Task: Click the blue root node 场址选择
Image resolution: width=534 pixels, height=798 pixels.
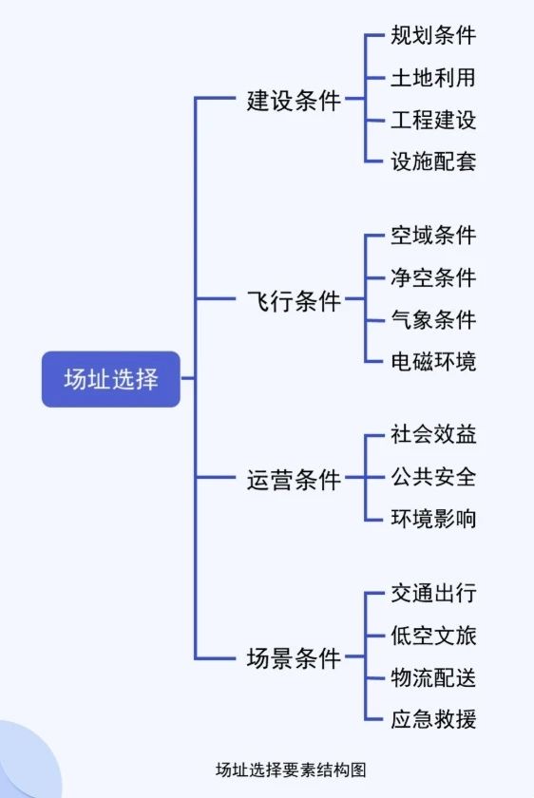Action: tap(111, 379)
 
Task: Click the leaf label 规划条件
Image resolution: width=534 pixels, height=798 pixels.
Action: tap(433, 36)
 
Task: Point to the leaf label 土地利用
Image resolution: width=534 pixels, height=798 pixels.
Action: tap(433, 78)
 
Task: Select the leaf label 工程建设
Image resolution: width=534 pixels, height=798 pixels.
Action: tap(433, 120)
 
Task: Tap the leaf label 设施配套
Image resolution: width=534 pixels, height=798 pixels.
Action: tap(433, 161)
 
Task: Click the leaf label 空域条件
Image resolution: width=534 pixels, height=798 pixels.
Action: tap(433, 236)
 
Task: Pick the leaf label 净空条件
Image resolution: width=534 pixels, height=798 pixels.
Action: tap(433, 277)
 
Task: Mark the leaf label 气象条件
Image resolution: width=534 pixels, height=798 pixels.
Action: tap(433, 319)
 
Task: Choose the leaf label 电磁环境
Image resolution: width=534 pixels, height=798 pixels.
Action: tap(433, 361)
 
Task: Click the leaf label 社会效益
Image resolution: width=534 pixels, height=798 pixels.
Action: tap(433, 435)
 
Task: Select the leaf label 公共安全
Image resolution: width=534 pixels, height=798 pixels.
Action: tap(433, 477)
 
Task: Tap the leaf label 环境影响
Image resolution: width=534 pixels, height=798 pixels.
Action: tap(433, 519)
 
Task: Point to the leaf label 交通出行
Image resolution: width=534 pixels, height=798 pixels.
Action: tap(433, 594)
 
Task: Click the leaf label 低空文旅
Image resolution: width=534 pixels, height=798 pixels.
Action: tap(433, 636)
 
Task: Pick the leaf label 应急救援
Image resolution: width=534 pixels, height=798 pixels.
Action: tap(433, 718)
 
